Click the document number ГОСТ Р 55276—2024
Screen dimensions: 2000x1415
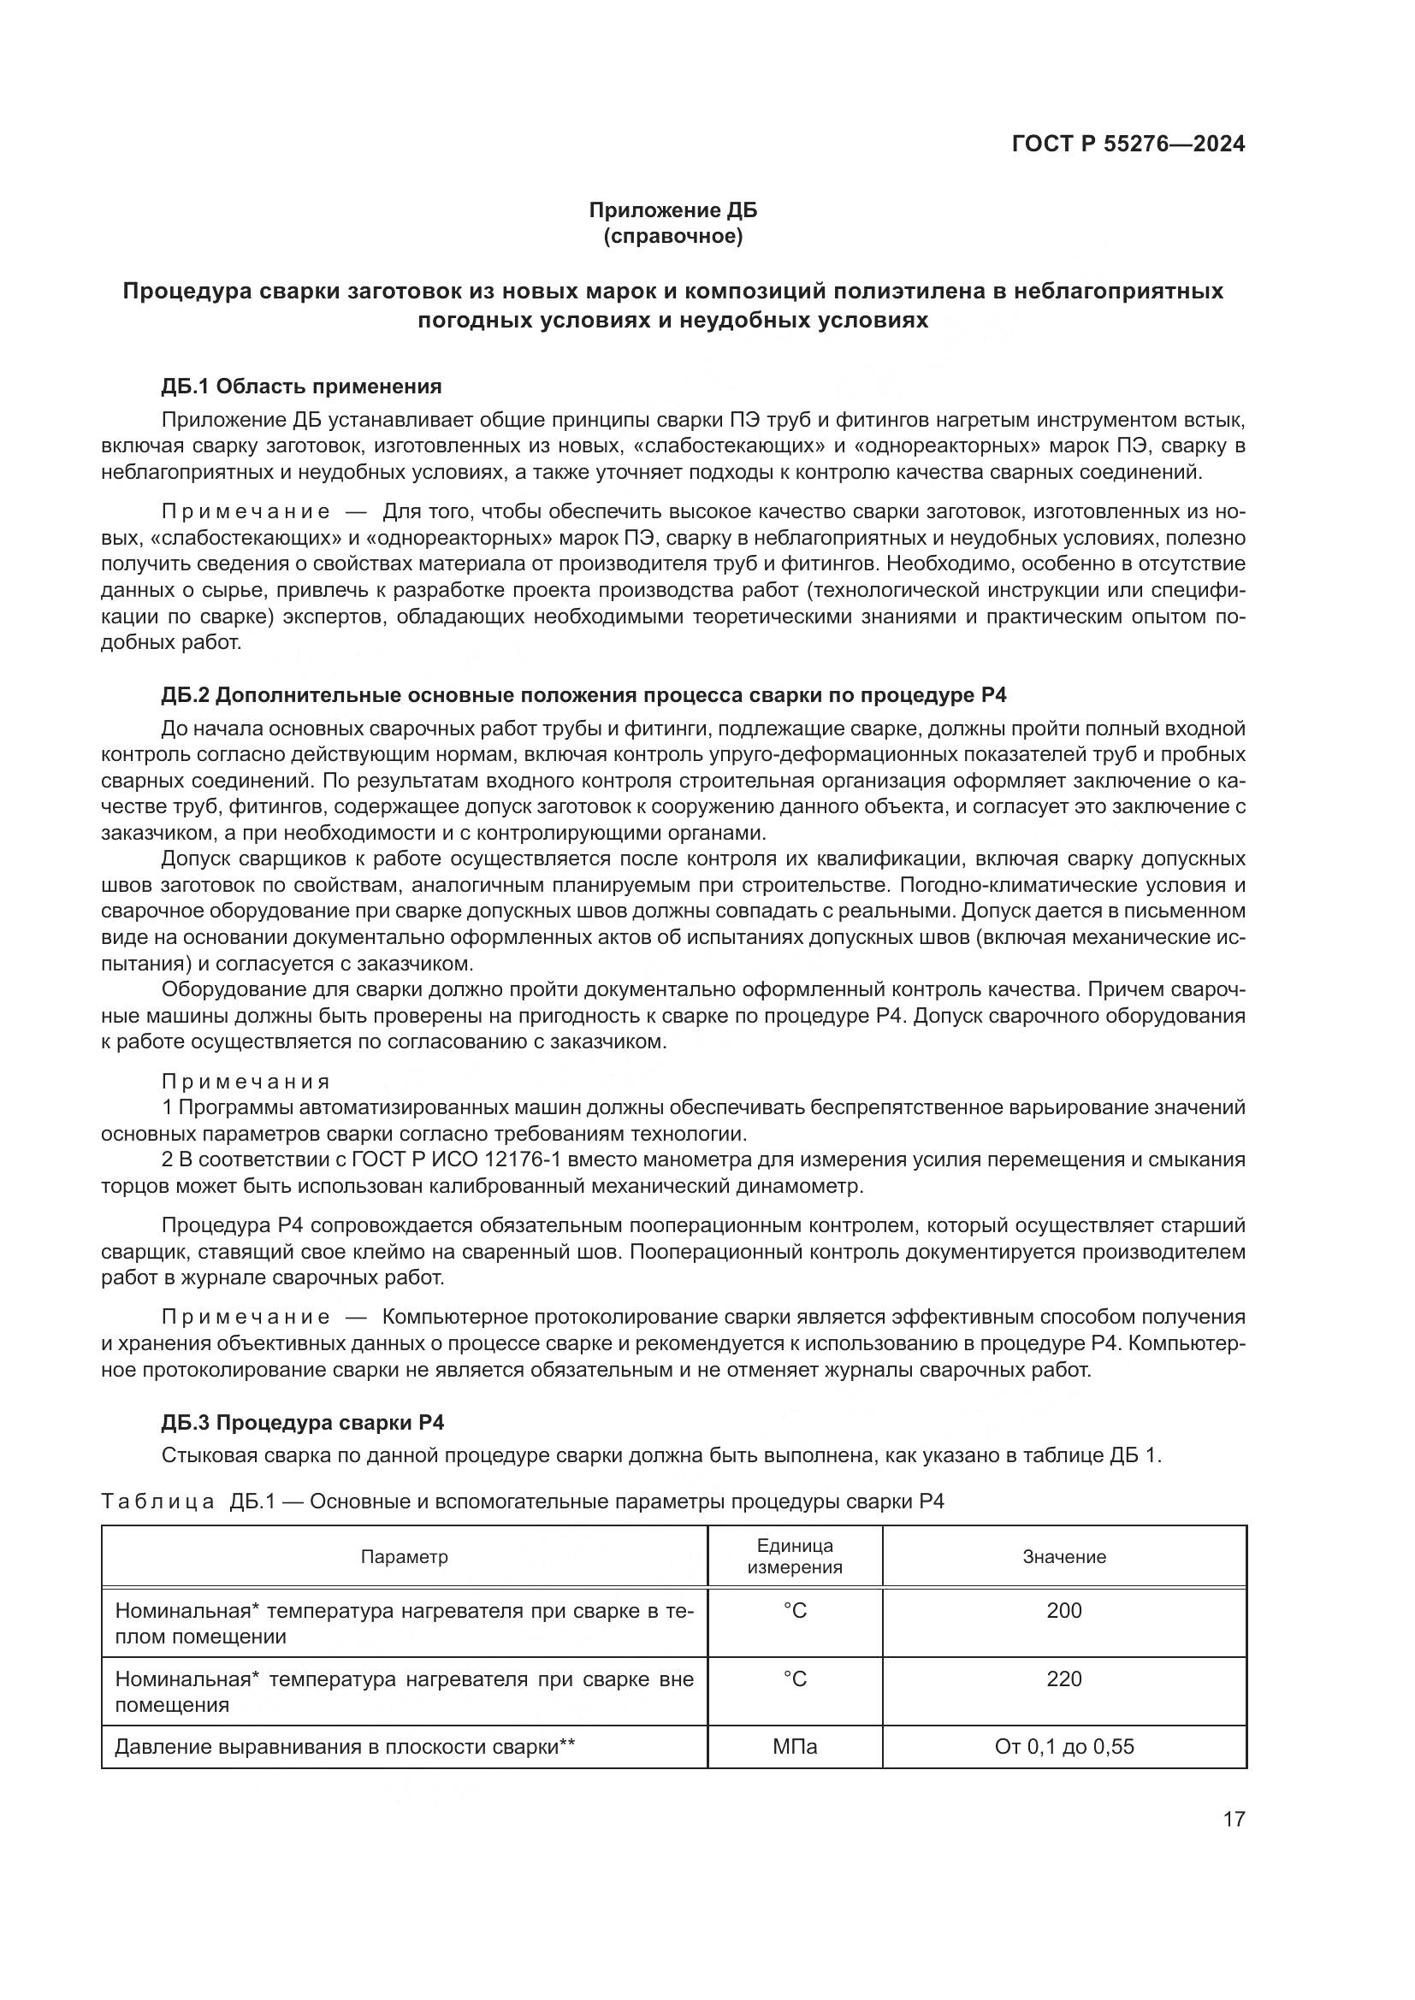(x=1128, y=145)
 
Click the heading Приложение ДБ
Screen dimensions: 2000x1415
(x=672, y=210)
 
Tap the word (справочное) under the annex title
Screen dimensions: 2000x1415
(x=672, y=237)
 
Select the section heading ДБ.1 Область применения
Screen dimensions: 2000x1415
(x=301, y=386)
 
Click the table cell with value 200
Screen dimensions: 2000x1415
(x=1064, y=1611)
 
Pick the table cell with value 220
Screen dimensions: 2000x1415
(x=1064, y=1678)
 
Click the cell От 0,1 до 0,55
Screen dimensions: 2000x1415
(x=1064, y=1747)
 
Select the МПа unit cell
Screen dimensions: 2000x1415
(x=795, y=1747)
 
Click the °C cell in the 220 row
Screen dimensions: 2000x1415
(x=795, y=1678)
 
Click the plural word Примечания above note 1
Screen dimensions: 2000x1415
(x=246, y=1082)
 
